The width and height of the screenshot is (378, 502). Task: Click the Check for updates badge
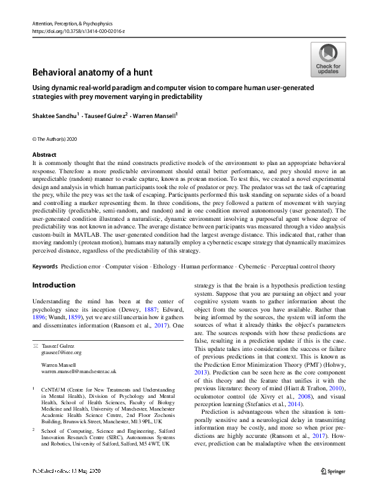[328, 60]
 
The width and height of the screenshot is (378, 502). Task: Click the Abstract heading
[44, 154]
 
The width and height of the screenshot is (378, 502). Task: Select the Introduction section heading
[53, 285]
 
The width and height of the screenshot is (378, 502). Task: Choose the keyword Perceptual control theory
[303, 266]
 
